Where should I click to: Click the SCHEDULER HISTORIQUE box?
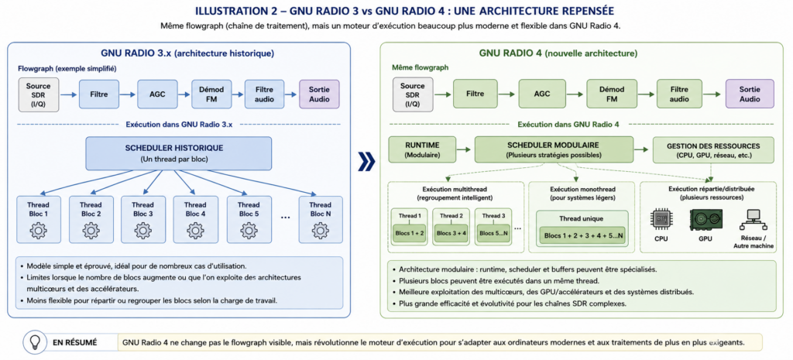179,153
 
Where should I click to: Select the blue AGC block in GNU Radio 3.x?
157,94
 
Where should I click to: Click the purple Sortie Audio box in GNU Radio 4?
750,94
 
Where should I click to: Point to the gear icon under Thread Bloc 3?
143,230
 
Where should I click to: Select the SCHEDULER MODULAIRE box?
554,149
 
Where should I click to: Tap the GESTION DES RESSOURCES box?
713,150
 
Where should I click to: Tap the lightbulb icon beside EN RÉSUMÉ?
34,342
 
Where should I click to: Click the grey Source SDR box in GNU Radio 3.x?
39,94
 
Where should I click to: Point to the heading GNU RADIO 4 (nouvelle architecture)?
558,53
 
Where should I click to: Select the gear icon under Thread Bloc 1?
39,230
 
